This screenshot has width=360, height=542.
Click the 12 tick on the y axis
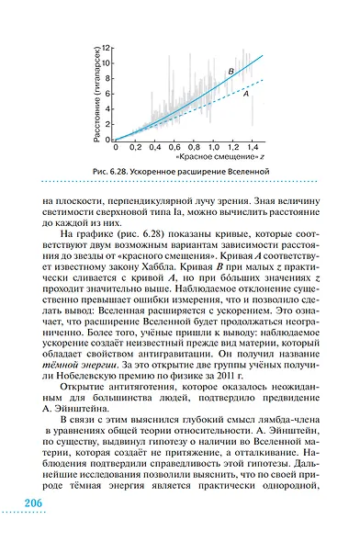click(107, 47)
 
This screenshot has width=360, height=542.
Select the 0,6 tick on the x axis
click(173, 146)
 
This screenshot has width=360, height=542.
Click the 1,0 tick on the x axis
click(211, 146)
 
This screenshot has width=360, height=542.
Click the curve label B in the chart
click(231, 71)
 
